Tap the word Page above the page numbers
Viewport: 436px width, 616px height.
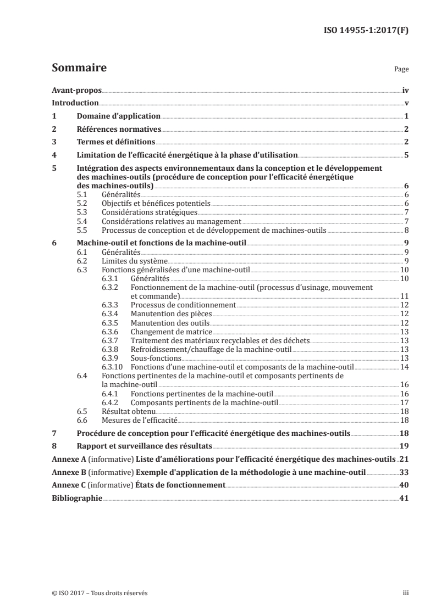[x=402, y=70]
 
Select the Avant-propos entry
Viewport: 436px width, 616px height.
[x=76, y=90]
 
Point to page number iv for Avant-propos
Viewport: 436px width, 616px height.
[x=405, y=90]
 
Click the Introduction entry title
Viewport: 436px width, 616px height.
[x=75, y=103]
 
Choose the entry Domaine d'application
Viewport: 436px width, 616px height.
[x=119, y=116]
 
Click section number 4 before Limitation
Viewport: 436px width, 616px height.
[x=54, y=155]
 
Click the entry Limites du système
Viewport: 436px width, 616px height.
[x=135, y=261]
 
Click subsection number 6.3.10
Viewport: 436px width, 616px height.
[x=113, y=366]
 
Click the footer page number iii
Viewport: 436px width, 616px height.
[x=406, y=593]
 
